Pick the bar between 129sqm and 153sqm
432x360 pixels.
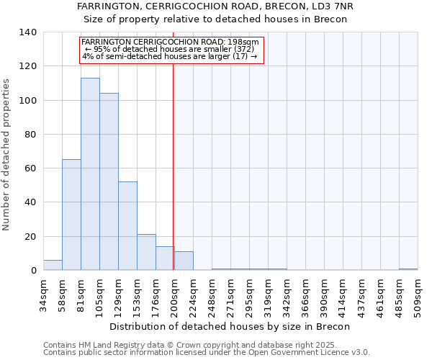click(x=127, y=226)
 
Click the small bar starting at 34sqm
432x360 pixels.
click(x=53, y=266)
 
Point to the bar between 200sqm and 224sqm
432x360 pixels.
click(x=184, y=261)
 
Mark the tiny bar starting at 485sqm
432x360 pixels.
click(x=408, y=269)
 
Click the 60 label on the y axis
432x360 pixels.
click(x=31, y=168)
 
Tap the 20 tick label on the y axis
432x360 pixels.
click(x=31, y=237)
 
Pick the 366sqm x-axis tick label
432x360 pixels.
click(x=305, y=296)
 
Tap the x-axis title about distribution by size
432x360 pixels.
click(x=230, y=326)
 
